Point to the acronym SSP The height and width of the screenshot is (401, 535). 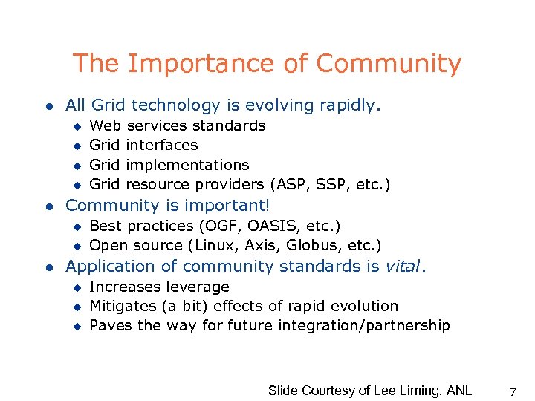pyautogui.click(x=327, y=184)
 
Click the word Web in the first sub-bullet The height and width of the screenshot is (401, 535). pyautogui.click(x=106, y=125)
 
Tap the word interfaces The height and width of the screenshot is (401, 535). pyautogui.click(x=163, y=145)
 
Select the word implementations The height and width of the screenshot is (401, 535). pyautogui.click(x=188, y=165)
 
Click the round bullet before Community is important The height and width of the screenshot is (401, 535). pyautogui.click(x=46, y=206)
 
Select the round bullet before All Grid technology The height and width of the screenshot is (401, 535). pyautogui.click(x=46, y=106)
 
